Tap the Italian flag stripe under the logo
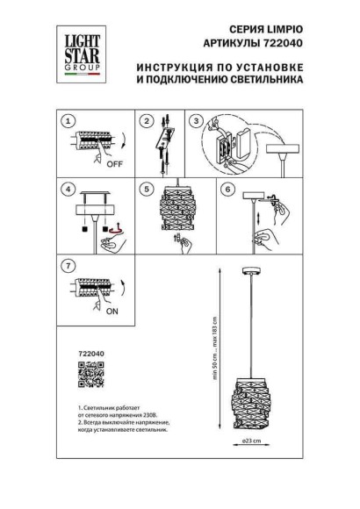pos(76,77)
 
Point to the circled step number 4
pos(67,189)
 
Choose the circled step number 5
pos(148,189)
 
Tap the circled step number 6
pos(227,189)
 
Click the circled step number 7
pos(67,264)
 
